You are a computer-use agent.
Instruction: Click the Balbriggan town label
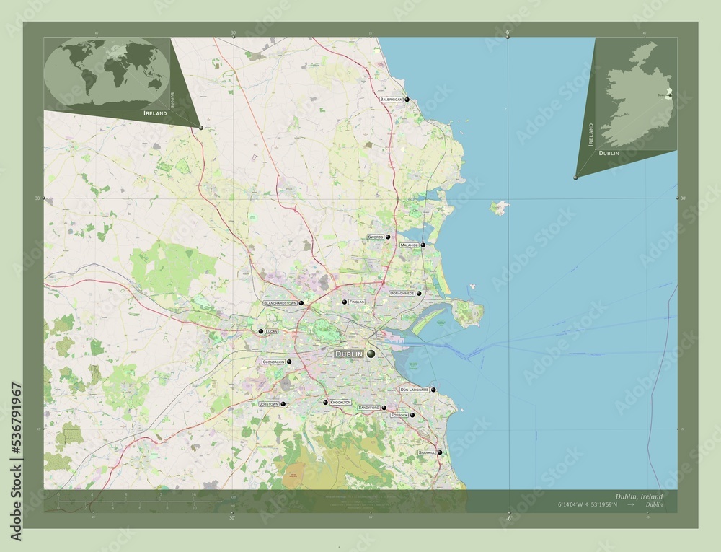pyautogui.click(x=392, y=100)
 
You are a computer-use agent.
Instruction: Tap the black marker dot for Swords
pyautogui.click(x=388, y=237)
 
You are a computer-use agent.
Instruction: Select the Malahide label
pyautogui.click(x=410, y=245)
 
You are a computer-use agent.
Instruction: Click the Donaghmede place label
pyautogui.click(x=401, y=294)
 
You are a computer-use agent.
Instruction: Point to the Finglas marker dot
pyautogui.click(x=345, y=302)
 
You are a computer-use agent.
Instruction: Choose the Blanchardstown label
pyautogui.click(x=280, y=303)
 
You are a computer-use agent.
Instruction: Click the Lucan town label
pyautogui.click(x=271, y=331)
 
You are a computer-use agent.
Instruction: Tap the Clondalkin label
pyautogui.click(x=274, y=362)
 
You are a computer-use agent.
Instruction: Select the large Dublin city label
pyautogui.click(x=349, y=354)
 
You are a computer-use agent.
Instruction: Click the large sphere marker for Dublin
pyautogui.click(x=371, y=354)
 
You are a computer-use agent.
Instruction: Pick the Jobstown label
pyautogui.click(x=268, y=405)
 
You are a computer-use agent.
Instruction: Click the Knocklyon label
pyautogui.click(x=340, y=403)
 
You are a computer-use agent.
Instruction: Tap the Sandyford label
pyautogui.click(x=368, y=408)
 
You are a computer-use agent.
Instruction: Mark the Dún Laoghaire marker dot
pyautogui.click(x=433, y=390)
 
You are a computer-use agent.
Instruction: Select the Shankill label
pyautogui.click(x=426, y=452)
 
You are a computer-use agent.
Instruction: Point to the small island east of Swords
pyautogui.click(x=499, y=209)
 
